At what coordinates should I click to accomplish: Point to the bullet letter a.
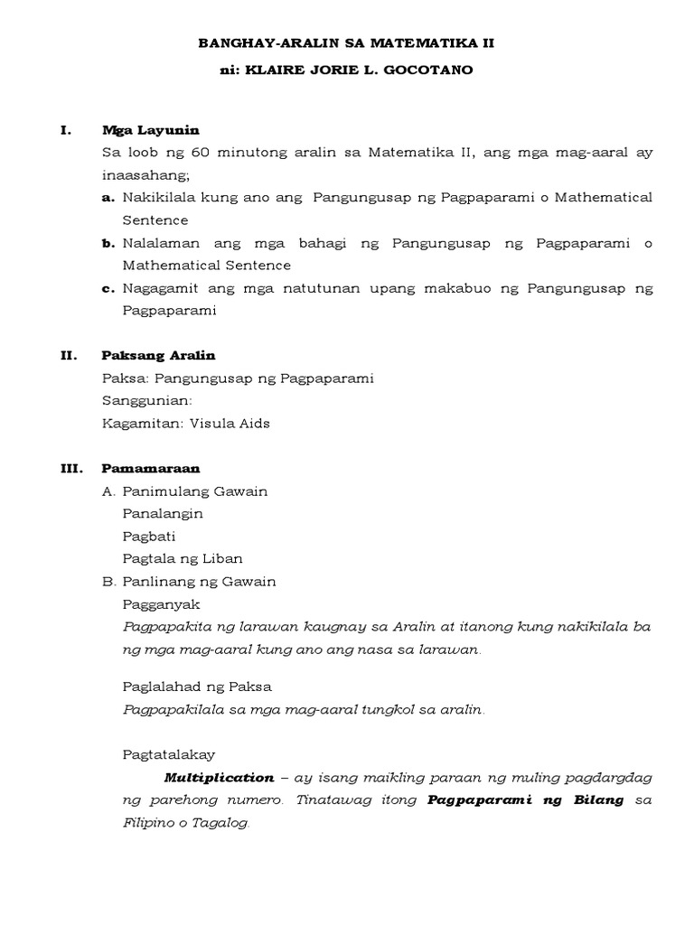[108, 198]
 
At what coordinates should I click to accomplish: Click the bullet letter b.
[108, 243]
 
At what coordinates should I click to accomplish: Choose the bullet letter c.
[108, 288]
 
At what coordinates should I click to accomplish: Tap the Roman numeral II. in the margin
[69, 356]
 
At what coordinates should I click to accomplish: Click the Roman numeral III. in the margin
[71, 469]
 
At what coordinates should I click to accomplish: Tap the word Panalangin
[163, 513]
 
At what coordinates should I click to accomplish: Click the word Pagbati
[149, 536]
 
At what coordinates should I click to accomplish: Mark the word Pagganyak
[161, 603]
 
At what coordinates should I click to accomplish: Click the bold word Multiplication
[219, 778]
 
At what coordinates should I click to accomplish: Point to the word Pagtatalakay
[168, 755]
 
